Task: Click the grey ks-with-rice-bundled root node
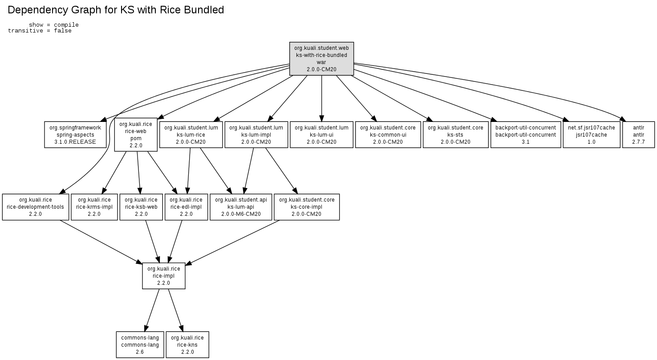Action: click(x=321, y=59)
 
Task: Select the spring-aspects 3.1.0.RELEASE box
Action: click(x=75, y=134)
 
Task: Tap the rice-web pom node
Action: click(x=136, y=134)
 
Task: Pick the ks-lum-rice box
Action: click(x=191, y=134)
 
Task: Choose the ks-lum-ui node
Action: click(x=321, y=134)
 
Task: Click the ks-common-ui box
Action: click(x=388, y=134)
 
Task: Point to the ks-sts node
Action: click(x=455, y=134)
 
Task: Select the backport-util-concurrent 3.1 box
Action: click(x=526, y=134)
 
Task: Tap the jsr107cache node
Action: click(x=591, y=134)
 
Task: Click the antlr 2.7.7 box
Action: click(x=638, y=134)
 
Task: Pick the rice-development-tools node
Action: click(x=36, y=206)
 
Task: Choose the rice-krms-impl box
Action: click(x=94, y=206)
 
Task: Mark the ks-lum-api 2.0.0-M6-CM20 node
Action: click(x=241, y=206)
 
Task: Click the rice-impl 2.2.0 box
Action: click(x=164, y=276)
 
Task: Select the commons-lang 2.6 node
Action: click(x=140, y=345)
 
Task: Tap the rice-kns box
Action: click(x=187, y=345)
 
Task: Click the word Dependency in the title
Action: click(x=37, y=10)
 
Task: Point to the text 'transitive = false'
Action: click(x=40, y=31)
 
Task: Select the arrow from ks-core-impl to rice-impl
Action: click(x=232, y=243)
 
